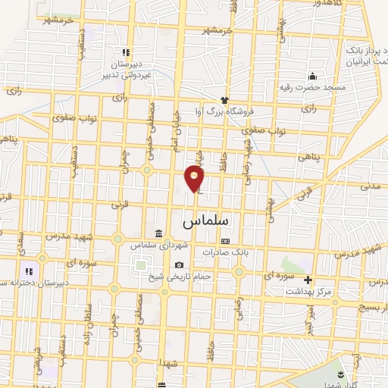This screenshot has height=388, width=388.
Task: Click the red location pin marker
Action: pyautogui.click(x=195, y=178)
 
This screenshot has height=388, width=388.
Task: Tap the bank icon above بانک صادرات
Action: pyautogui.click(x=224, y=240)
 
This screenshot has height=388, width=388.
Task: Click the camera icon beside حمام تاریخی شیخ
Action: pyautogui.click(x=179, y=264)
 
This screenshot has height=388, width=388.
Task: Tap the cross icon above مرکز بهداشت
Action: pyautogui.click(x=308, y=280)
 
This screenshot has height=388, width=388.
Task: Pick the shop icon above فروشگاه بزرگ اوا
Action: pyautogui.click(x=224, y=100)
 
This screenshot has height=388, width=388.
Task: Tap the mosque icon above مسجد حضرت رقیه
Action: pyautogui.click(x=311, y=76)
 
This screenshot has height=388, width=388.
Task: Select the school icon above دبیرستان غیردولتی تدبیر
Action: pyautogui.click(x=127, y=52)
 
